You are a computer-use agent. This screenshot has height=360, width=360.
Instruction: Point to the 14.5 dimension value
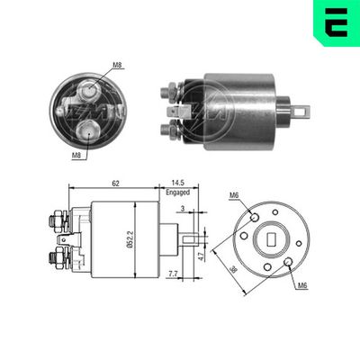coord(178,183)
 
